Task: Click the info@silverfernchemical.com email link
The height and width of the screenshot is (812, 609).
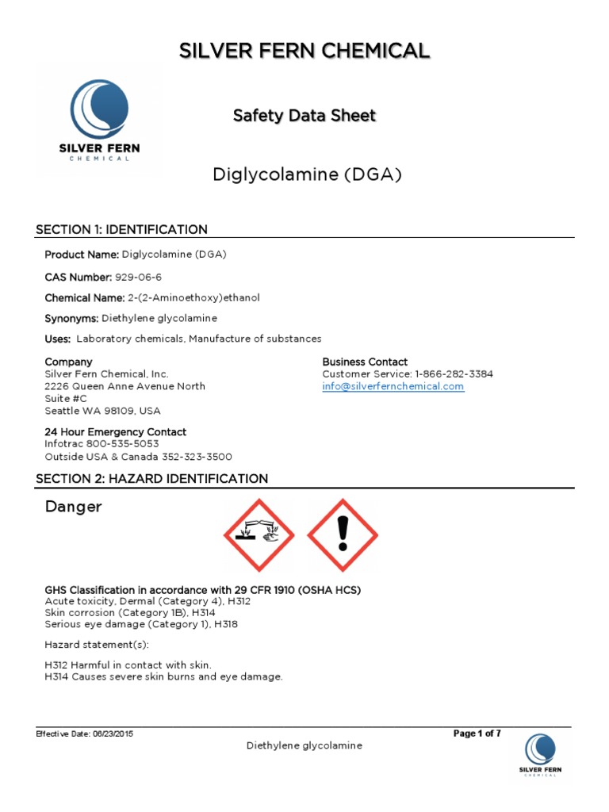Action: (393, 386)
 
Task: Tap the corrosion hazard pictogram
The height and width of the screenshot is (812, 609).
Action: (259, 535)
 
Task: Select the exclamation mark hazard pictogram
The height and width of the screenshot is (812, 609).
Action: (343, 535)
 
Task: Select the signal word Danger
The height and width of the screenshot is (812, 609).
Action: (73, 507)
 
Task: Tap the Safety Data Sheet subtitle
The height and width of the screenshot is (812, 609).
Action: (304, 116)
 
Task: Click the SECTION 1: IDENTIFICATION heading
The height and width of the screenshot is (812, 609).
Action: (121, 229)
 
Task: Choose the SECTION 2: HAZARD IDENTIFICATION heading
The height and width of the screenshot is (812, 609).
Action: (151, 478)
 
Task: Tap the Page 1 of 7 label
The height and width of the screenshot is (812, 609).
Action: (477, 733)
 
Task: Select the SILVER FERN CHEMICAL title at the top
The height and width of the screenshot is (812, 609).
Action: (304, 51)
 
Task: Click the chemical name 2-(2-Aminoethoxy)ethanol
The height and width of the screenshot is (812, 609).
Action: (193, 297)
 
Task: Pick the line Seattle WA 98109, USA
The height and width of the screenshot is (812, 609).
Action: (102, 411)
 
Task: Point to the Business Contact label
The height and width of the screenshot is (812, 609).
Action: (365, 362)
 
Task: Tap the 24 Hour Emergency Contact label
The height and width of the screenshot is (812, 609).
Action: (115, 431)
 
